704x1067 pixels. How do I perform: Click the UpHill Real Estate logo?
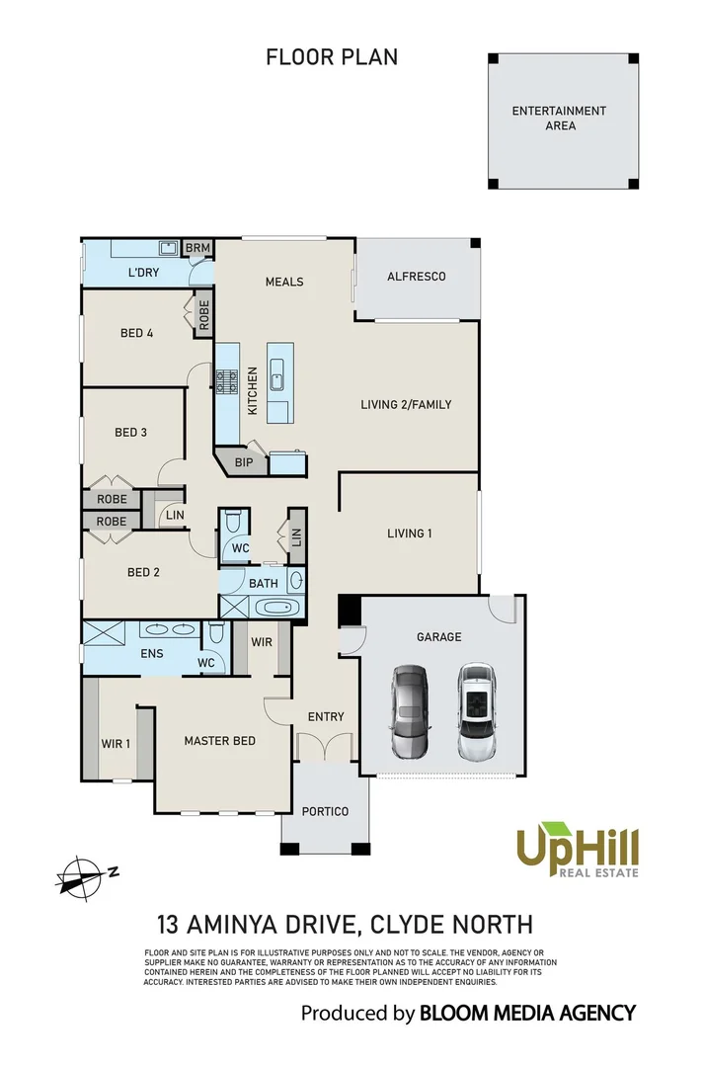pos(578,851)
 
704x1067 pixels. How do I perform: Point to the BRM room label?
pos(197,247)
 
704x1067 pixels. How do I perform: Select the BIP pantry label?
pos(243,461)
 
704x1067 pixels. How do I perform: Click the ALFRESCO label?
pos(416,277)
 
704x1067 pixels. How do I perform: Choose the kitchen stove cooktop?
pos(226,380)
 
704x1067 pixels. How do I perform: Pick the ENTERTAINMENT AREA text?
pos(559,119)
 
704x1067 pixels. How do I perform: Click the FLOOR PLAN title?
pos(332,57)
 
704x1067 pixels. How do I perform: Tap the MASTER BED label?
pos(219,740)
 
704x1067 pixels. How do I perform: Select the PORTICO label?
pos(326,811)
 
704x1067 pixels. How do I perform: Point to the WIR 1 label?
pos(116,743)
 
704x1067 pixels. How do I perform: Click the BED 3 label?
pos(130,432)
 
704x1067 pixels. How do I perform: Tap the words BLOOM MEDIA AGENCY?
pos(527,1013)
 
